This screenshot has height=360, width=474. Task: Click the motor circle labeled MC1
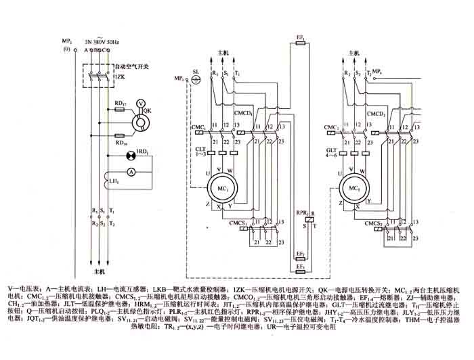pyautogui.click(x=221, y=186)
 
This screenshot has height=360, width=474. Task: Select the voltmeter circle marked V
pyautogui.click(x=141, y=104)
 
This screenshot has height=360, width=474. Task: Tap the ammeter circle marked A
pyautogui.click(x=133, y=173)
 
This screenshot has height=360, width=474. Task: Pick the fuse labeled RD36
pyautogui.click(x=120, y=134)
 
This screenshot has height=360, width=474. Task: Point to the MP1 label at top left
pyautogui.click(x=66, y=42)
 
